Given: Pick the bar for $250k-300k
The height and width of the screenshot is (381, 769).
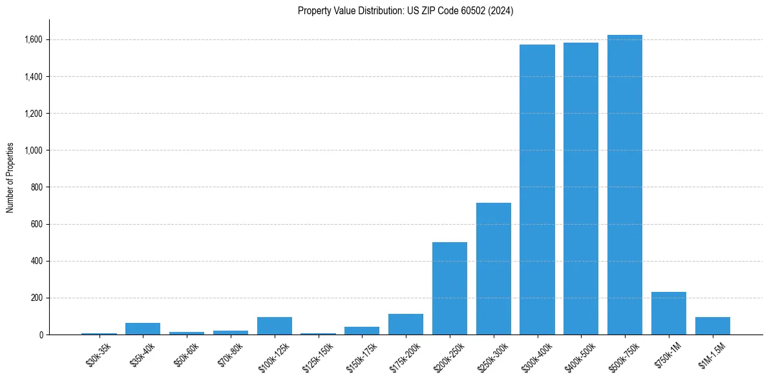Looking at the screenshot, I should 494,269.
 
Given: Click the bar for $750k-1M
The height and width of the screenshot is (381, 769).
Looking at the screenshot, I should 669,313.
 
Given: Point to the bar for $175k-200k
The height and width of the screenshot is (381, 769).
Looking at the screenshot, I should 406,324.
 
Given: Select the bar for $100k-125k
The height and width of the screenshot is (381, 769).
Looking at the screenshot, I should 275,326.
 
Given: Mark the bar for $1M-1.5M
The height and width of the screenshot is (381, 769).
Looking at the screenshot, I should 713,326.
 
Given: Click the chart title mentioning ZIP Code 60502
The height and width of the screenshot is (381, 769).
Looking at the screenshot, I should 405,11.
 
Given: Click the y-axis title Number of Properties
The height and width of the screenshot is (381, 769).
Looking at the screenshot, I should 10,178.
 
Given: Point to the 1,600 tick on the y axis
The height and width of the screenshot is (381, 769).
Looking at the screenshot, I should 33,40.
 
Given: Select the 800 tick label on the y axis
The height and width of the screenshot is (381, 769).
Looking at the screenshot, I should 37,187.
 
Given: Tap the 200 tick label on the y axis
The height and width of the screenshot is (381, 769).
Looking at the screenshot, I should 37,298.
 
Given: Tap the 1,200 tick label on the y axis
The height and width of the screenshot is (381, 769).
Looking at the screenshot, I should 33,114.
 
